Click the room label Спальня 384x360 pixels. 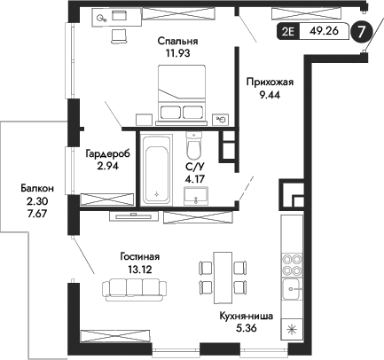click(x=177, y=41)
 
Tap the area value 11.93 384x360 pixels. click(x=177, y=53)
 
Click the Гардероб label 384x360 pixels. click(x=107, y=153)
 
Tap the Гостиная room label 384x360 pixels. click(x=142, y=257)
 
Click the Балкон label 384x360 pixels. click(x=38, y=188)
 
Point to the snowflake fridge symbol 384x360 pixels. click(x=292, y=328)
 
